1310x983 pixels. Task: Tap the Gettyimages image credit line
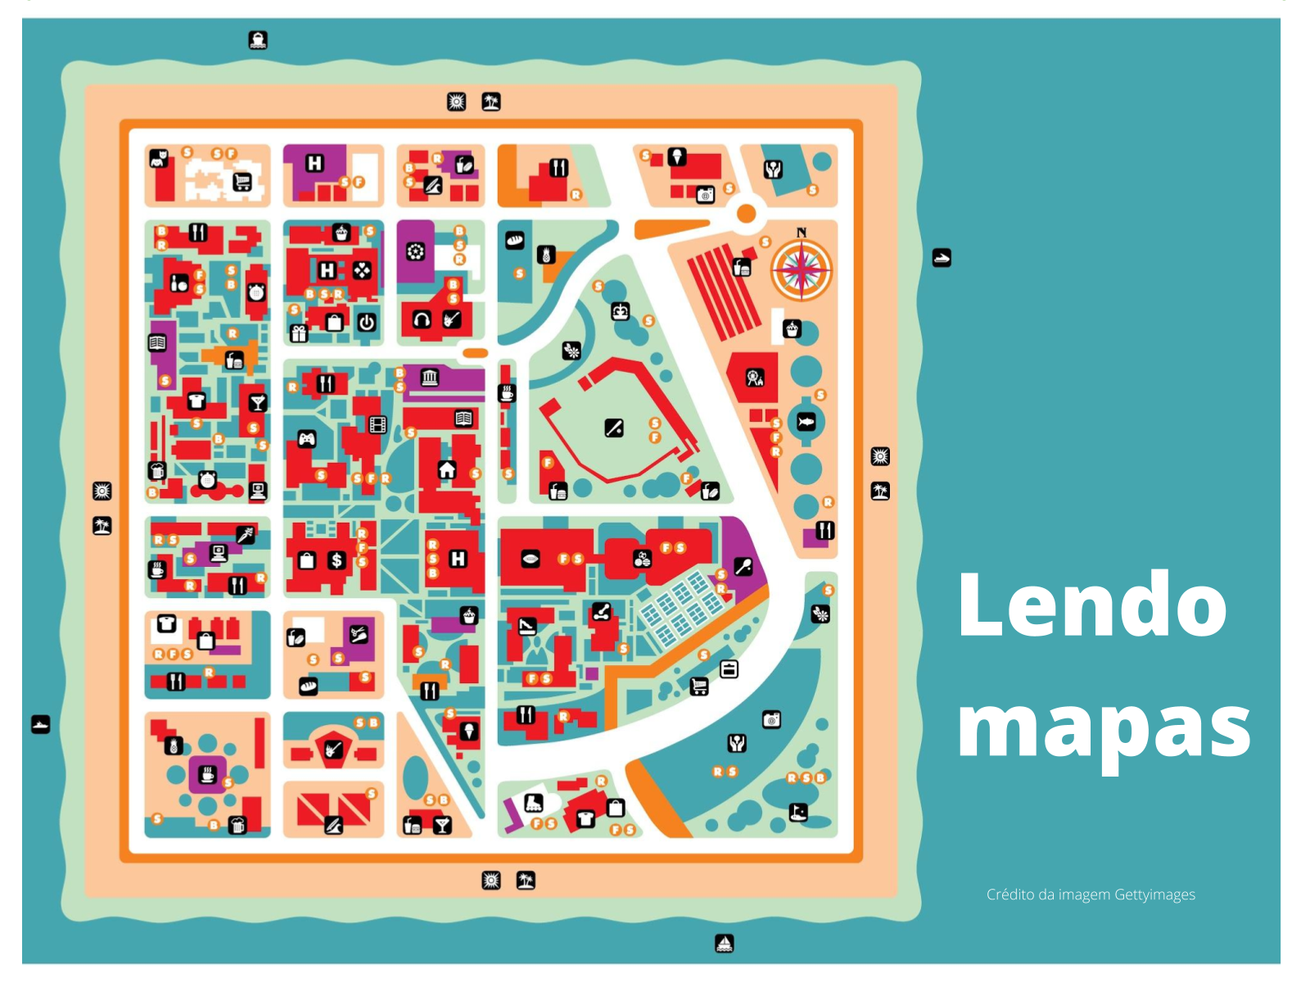pos(1091,895)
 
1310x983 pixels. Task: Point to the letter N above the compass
pos(802,233)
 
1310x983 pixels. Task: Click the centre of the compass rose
pos(802,270)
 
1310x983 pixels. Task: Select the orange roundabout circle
pos(746,214)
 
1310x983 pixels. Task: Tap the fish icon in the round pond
pos(806,422)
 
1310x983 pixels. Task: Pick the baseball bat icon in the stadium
pos(614,428)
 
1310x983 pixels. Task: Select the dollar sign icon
pos(337,560)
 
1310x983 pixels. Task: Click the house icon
pos(447,469)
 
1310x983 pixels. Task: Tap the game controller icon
pos(306,439)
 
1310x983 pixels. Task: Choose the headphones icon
pos(422,319)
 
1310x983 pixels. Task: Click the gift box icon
pos(299,333)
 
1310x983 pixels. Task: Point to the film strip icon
pos(377,424)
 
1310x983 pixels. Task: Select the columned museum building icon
pos(430,378)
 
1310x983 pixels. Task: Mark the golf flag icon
pos(798,812)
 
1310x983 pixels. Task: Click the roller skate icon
pos(534,803)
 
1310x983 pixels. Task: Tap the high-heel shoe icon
pos(527,627)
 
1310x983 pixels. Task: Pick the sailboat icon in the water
pos(724,944)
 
